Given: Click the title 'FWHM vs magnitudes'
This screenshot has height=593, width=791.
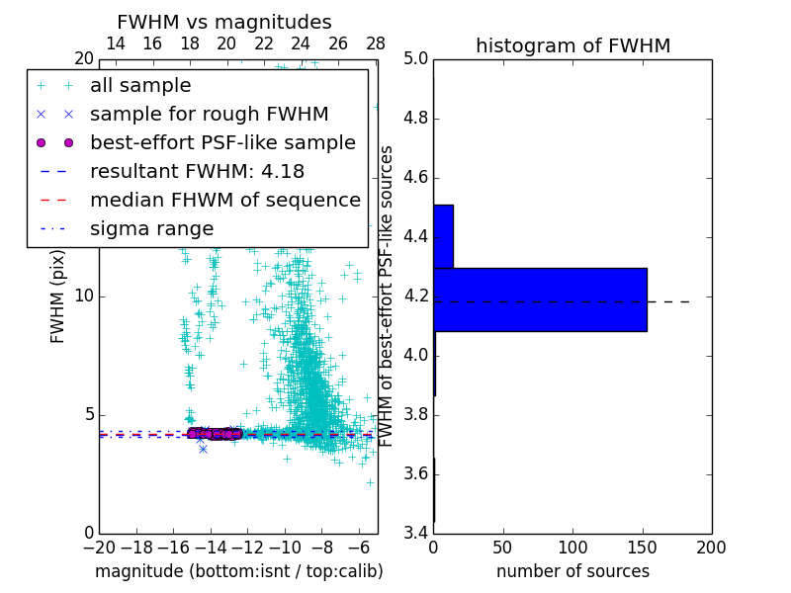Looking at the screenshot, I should tap(224, 22).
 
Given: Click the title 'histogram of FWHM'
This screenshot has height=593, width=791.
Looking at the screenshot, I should tap(572, 45).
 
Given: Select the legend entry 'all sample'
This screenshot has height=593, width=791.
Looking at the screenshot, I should tap(140, 86).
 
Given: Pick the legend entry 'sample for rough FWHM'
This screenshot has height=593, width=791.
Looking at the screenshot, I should tap(209, 115).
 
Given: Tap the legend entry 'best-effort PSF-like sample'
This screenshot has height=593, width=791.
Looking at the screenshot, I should tap(222, 142).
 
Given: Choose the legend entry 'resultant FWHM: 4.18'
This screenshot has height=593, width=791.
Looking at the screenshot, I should tap(197, 171).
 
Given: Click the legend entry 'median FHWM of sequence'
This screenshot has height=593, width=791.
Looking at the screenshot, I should tap(224, 200).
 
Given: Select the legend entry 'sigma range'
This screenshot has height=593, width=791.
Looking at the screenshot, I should tap(151, 228).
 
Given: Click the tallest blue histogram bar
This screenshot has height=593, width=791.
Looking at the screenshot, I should tap(540, 299).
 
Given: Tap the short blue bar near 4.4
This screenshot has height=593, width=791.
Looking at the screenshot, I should tap(443, 236).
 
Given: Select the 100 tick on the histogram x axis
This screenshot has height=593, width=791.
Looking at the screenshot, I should tap(572, 547).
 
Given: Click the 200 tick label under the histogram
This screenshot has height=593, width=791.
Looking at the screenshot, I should tap(711, 547).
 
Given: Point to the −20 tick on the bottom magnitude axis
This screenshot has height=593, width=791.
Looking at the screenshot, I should tap(99, 547).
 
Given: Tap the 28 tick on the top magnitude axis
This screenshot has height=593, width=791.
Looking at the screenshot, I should tap(376, 43).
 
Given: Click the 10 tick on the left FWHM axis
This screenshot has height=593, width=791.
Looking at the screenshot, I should tap(85, 296).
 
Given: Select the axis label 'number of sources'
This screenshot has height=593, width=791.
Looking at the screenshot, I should tap(572, 571).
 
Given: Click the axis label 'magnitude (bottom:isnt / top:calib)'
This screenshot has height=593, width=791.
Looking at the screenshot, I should tap(238, 571).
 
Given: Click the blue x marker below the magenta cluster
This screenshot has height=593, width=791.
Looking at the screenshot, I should tap(203, 449).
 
